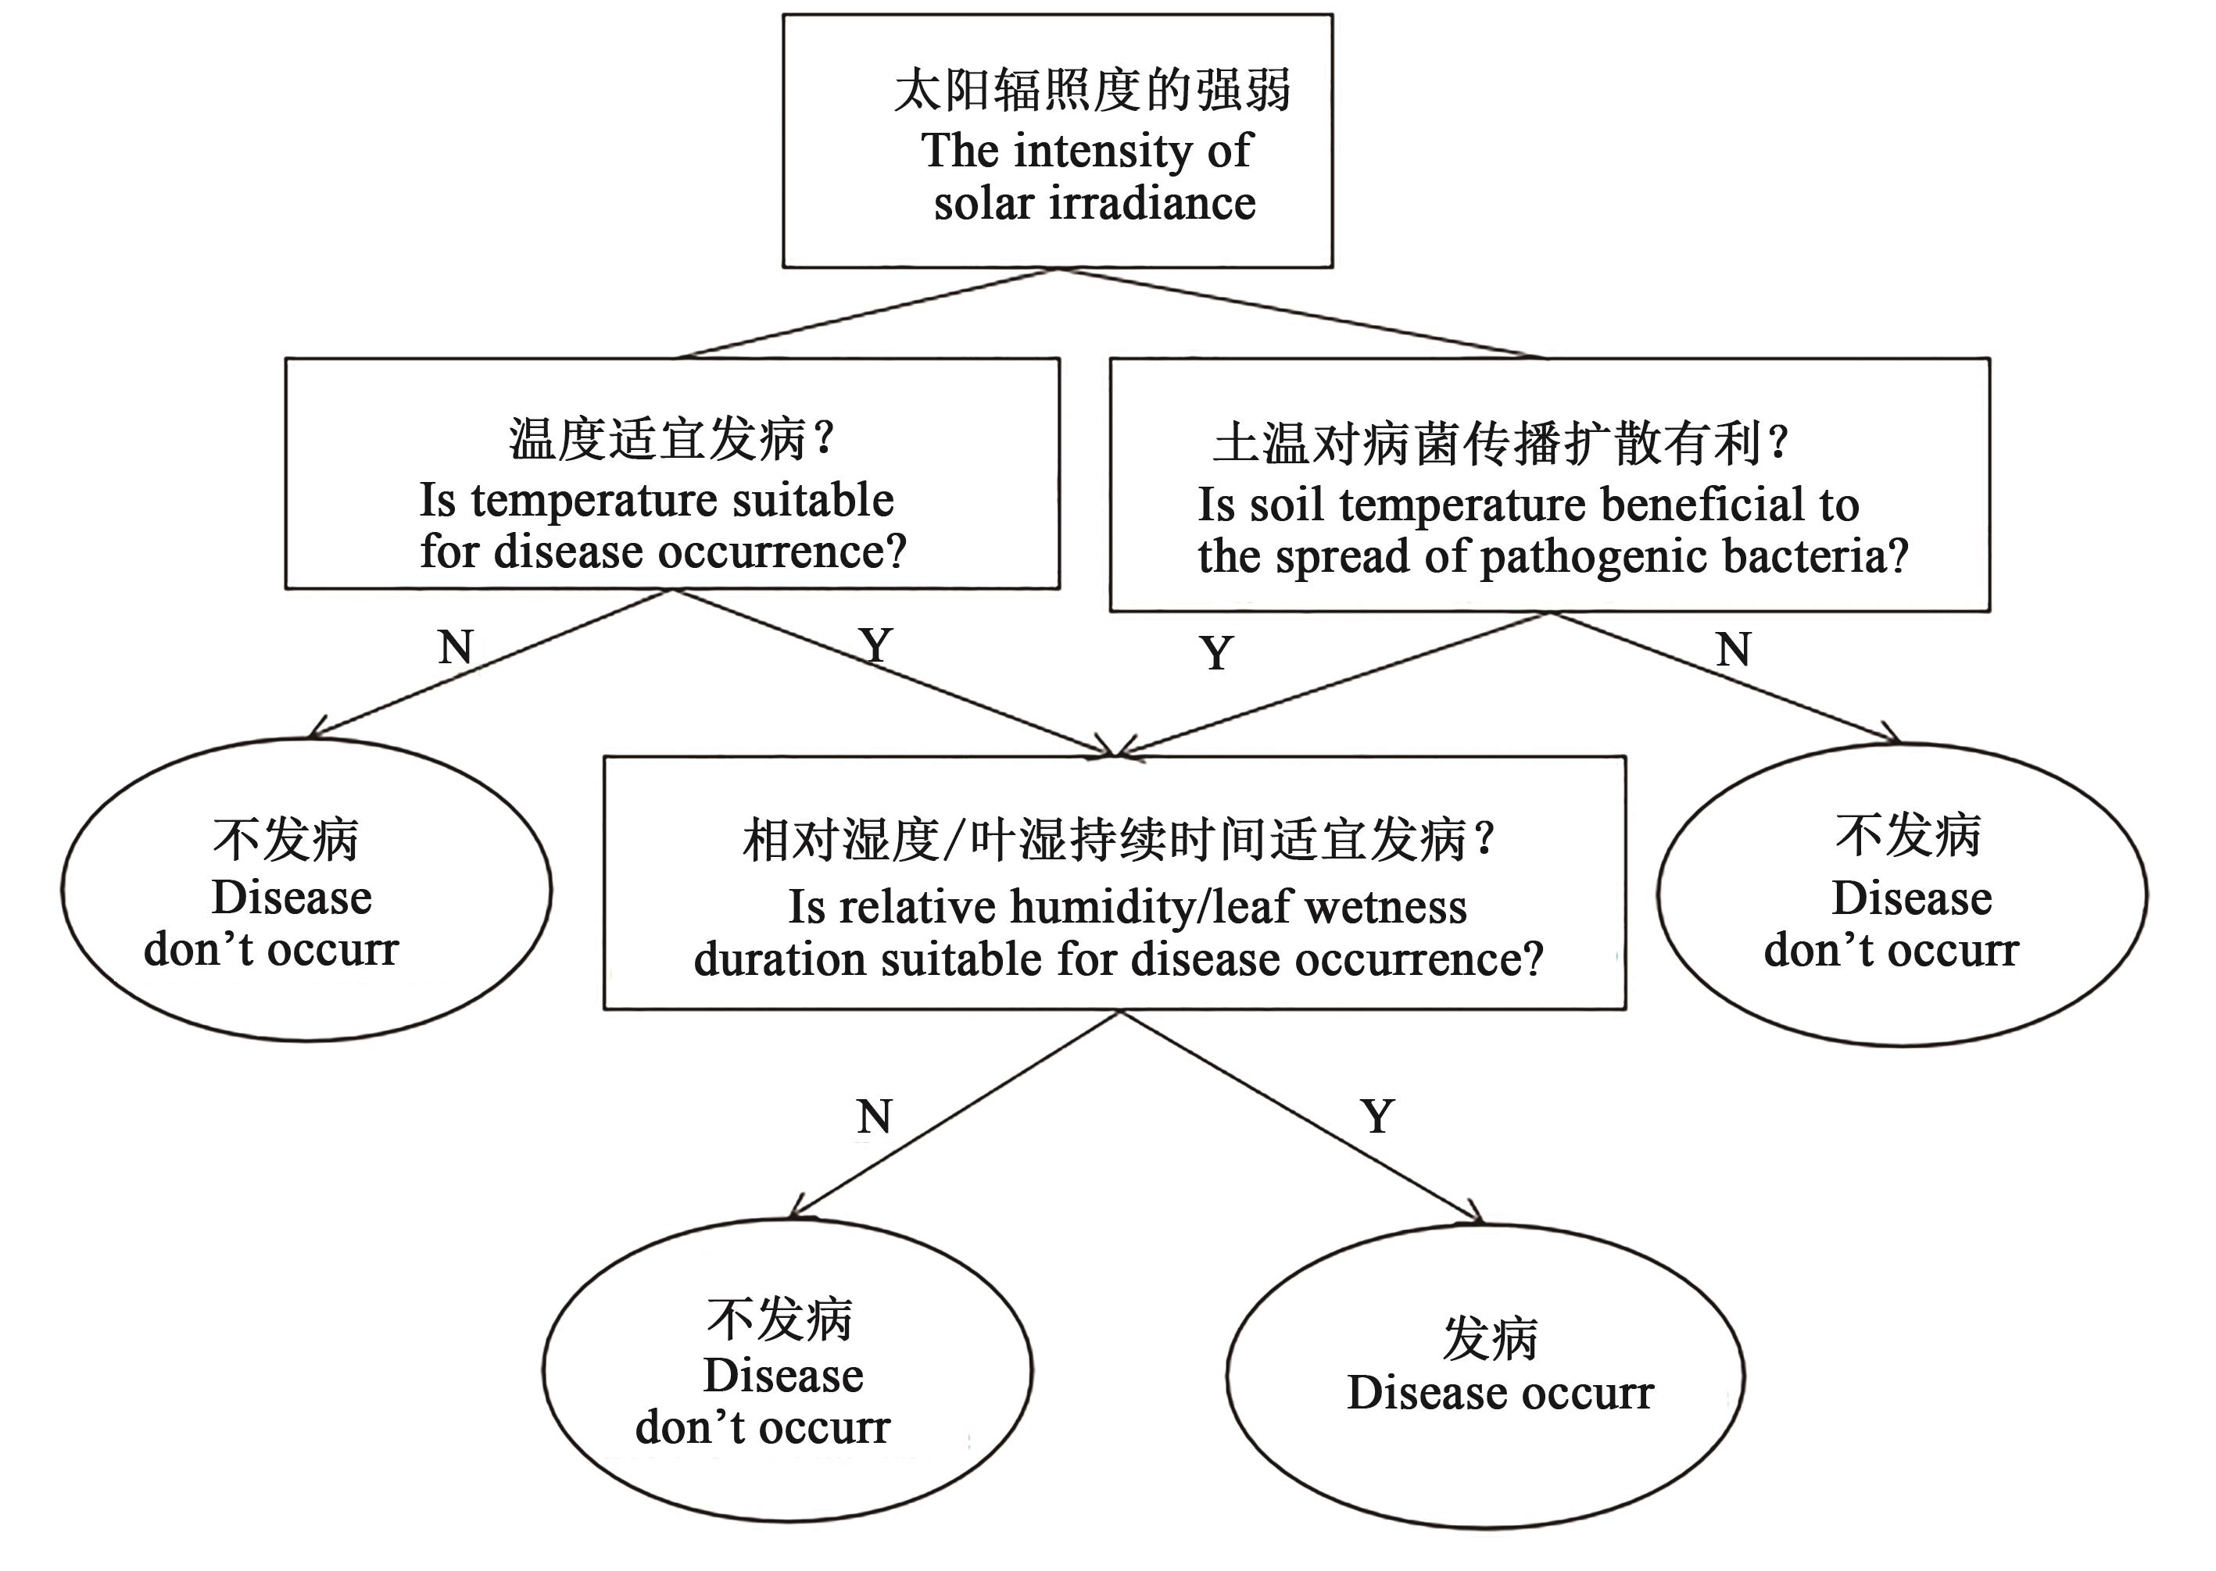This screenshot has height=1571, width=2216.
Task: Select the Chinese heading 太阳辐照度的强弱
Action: tap(1091, 91)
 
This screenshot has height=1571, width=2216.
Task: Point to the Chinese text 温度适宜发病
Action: tap(658, 439)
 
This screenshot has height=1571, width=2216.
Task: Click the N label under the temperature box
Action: tap(456, 647)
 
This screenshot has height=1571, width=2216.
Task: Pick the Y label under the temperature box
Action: tap(875, 645)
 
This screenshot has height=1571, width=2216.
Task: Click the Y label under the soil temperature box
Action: tap(1216, 653)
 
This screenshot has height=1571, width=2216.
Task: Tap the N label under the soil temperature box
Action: tap(1733, 649)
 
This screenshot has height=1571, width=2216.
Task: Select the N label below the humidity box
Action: tap(874, 1117)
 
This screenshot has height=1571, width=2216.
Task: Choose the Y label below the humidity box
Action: tap(1378, 1117)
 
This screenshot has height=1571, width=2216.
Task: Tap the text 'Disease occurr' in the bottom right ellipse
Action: tap(1500, 1393)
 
